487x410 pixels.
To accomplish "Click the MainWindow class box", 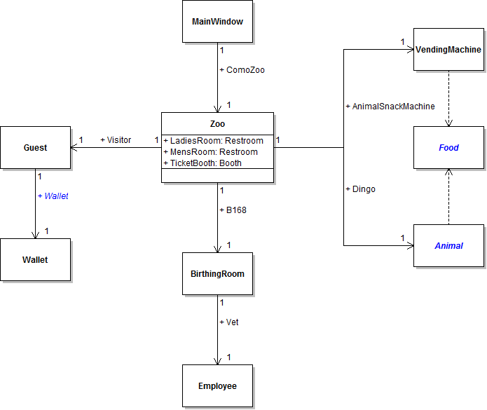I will (217, 22).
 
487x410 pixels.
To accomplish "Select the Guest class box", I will (35, 148).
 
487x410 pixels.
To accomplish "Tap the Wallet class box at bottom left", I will (35, 260).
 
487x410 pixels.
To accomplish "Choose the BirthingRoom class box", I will (217, 274).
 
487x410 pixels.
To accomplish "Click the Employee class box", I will (217, 386).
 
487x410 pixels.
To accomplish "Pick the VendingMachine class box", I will (448, 50).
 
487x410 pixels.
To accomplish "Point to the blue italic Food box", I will (448, 148).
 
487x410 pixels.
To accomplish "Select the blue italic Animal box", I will (448, 246).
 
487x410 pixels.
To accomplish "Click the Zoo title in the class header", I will (217, 123).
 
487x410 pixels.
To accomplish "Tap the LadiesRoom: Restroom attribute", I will (213, 141).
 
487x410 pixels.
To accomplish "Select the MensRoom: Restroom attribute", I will (210, 152).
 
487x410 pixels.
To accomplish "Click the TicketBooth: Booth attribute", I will (203, 163).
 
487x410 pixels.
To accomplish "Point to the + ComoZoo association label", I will (242, 70).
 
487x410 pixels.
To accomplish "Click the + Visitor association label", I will (116, 140).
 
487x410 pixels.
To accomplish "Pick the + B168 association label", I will (233, 210).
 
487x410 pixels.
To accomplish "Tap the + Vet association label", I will (229, 322).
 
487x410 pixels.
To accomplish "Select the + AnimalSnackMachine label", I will (390, 107).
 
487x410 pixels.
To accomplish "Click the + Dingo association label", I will (360, 189).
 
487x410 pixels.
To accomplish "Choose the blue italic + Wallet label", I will (53, 196).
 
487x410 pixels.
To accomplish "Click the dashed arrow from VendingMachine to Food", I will (448, 98).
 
